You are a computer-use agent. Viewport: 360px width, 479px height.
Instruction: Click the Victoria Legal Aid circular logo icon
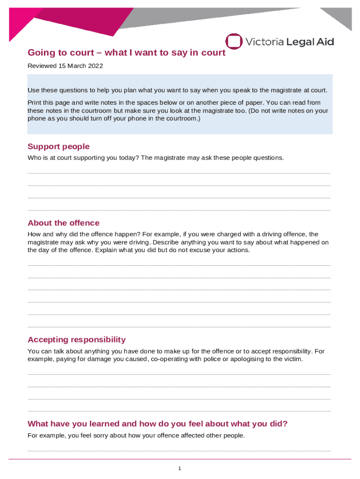click(234, 41)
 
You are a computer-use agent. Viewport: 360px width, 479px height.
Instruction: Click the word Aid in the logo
click(324, 42)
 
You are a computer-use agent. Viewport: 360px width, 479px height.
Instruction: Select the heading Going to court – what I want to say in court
click(126, 53)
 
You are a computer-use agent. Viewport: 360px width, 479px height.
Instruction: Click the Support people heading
click(58, 146)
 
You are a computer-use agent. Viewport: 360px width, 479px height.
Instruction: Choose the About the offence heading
click(64, 223)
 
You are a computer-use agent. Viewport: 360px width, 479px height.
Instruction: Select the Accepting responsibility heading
click(77, 340)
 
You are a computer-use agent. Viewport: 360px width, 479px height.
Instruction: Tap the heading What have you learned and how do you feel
click(158, 424)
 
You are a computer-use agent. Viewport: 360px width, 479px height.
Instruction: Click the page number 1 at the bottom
click(180, 468)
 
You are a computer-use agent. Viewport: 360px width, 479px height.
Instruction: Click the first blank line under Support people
click(179, 173)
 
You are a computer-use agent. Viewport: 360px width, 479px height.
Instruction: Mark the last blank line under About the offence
click(179, 327)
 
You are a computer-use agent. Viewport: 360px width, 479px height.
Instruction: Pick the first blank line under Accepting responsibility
click(179, 374)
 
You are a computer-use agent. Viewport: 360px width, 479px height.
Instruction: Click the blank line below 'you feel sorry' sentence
click(179, 450)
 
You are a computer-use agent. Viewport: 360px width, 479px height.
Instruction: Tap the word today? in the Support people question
click(129, 158)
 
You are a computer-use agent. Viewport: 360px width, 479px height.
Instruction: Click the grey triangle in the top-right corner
click(339, 17)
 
